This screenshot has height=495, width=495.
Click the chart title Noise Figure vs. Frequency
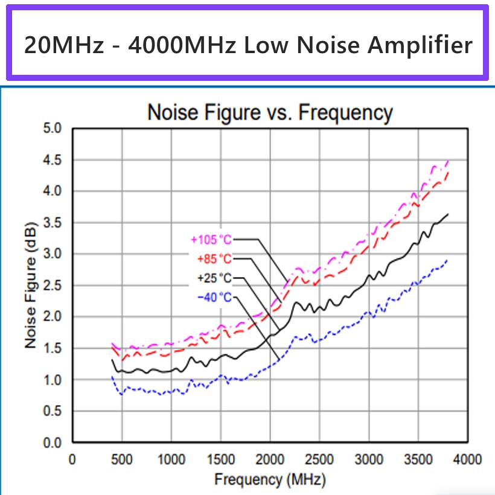click(270, 113)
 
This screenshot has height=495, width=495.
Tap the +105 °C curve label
click(211, 240)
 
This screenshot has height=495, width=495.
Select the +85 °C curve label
click(214, 259)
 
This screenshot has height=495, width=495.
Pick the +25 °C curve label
click(214, 278)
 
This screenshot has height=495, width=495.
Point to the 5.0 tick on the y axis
click(53, 129)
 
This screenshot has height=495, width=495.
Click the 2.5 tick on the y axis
click(53, 286)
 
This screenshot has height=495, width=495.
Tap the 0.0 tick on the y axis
click(53, 442)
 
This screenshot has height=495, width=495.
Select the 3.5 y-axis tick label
click(53, 223)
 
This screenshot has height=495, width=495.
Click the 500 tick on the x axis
click(122, 459)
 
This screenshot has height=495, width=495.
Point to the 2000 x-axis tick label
click(270, 459)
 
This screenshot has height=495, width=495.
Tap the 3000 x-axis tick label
click(368, 459)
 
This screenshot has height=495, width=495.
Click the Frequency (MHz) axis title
click(270, 481)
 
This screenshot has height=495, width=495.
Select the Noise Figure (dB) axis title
click(31, 285)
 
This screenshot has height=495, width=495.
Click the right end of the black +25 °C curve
click(448, 214)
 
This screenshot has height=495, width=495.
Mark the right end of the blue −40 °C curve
click(447, 260)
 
